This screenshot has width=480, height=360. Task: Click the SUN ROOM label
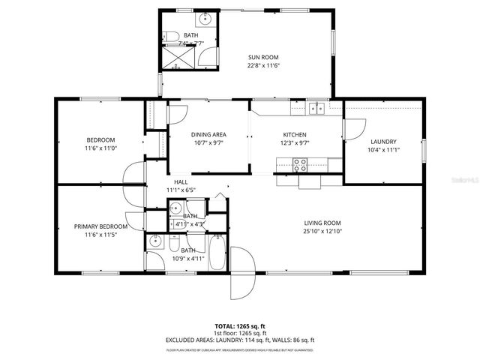point(264,55)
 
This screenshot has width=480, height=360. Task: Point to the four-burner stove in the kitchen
point(300,163)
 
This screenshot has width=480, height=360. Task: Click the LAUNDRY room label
point(383,142)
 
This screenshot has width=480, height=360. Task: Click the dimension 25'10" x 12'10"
point(322,232)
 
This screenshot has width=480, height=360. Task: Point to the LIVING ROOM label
point(322,223)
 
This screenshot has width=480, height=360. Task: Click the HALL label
point(181,182)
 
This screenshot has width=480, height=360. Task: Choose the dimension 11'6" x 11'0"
point(100,149)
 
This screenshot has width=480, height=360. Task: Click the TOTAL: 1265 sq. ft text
point(240,326)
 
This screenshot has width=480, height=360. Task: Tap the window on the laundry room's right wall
point(422,149)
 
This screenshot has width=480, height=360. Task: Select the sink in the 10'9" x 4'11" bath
point(155,241)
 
